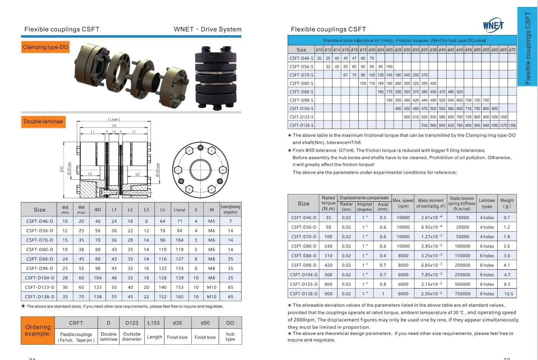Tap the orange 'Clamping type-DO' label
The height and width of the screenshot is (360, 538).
(45, 47)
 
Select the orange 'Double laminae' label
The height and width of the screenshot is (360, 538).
(43, 121)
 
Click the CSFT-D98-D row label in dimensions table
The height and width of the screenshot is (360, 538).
(40, 268)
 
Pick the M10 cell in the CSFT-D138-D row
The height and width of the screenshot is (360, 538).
(212, 297)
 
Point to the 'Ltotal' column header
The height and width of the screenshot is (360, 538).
(179, 210)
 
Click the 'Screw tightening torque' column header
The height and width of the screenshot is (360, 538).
(230, 209)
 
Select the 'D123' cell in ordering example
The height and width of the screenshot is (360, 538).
(132, 323)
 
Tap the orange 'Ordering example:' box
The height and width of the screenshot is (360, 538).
(38, 330)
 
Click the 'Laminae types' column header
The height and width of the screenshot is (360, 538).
(487, 203)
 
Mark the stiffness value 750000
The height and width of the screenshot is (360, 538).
(462, 294)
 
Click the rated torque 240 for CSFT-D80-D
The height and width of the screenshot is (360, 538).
(328, 246)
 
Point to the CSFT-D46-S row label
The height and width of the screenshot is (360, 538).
(301, 58)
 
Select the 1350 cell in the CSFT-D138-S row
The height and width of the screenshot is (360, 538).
(512, 125)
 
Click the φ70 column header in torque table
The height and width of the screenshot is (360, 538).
(512, 50)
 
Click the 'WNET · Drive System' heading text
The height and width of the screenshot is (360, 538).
(207, 29)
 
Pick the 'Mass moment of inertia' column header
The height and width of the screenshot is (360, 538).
(430, 203)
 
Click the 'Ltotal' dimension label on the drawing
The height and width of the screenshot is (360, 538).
(114, 119)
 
